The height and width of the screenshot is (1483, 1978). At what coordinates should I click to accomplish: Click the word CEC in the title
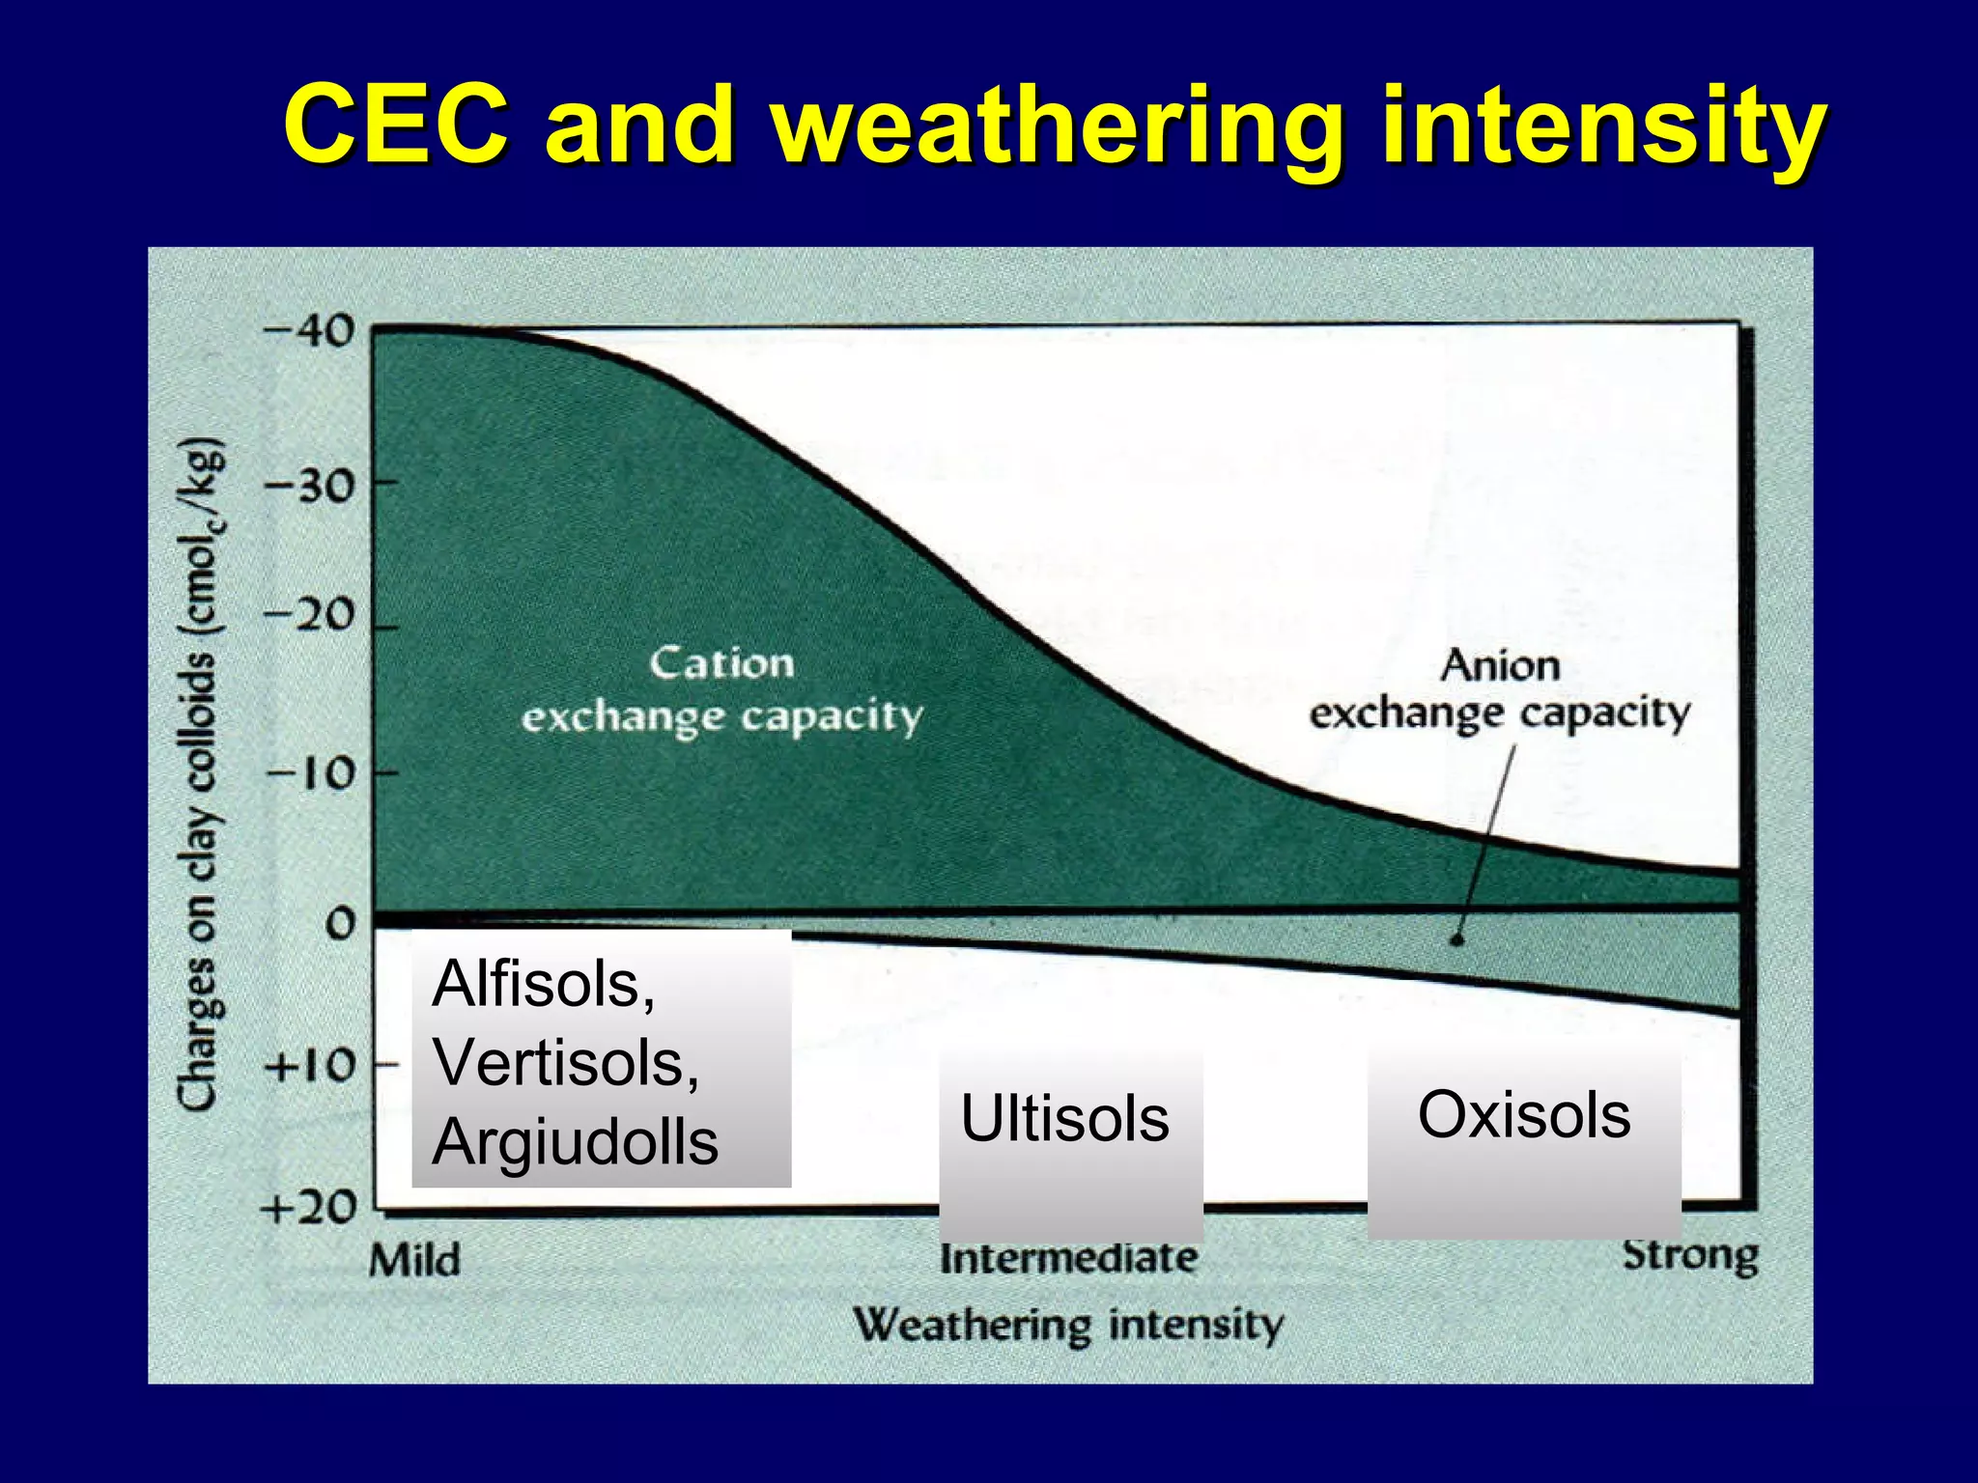tap(395, 126)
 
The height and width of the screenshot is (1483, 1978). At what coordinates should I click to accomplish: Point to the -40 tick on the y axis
tap(309, 332)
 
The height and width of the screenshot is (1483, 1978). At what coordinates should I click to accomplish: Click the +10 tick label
tap(309, 1067)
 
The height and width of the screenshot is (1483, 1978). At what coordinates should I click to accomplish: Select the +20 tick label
tap(309, 1207)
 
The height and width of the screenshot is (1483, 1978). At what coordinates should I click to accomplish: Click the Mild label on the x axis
tap(414, 1260)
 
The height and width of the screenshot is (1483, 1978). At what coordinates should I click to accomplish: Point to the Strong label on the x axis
tap(1690, 1255)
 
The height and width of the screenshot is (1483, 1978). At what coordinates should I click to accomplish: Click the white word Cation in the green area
tap(721, 664)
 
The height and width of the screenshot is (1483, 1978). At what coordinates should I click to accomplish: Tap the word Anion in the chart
tap(1500, 666)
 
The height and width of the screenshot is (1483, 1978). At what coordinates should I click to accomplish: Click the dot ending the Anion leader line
tap(1457, 938)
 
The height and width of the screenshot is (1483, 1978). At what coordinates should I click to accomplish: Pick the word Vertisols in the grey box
tap(566, 1063)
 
